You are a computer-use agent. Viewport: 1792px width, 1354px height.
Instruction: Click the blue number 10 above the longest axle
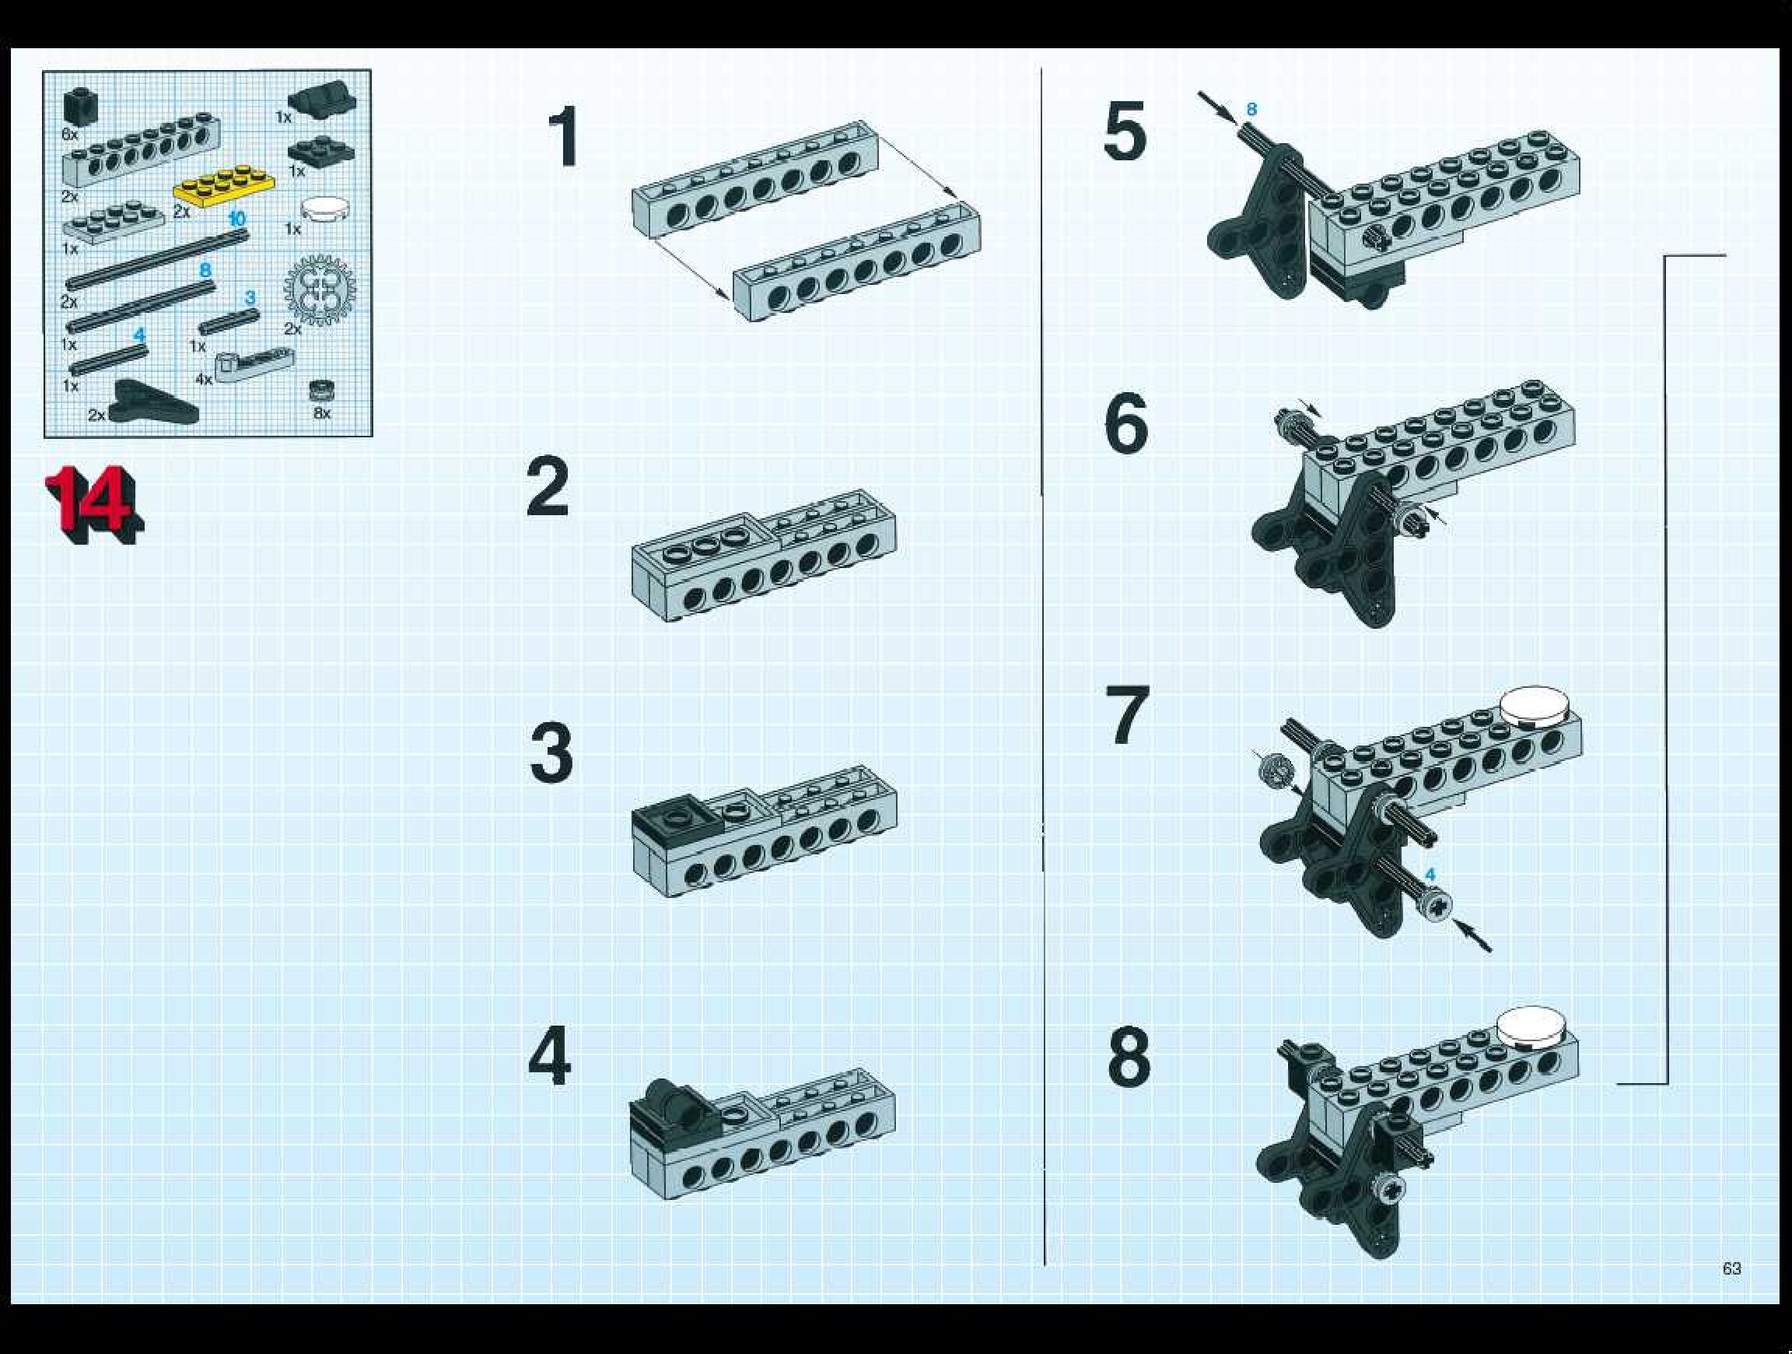[236, 219]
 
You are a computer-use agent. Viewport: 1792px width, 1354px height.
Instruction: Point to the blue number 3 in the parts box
[250, 297]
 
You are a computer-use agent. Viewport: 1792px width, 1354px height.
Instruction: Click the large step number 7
[1129, 714]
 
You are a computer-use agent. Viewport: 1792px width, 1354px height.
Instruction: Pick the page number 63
[1732, 1268]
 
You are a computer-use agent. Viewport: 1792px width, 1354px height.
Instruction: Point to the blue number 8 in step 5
[1251, 110]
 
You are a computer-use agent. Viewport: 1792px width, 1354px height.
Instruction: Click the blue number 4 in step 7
[1430, 875]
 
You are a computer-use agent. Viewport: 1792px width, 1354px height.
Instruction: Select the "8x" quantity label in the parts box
[322, 413]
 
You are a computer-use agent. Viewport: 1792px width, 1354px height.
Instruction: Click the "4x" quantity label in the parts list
[202, 379]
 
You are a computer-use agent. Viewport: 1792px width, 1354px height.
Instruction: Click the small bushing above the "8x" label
[323, 391]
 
